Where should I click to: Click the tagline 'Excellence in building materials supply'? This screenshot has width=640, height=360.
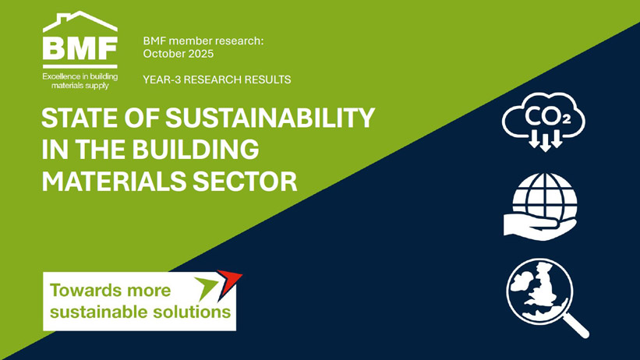(80, 80)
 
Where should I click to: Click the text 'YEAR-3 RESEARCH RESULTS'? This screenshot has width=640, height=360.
(217, 79)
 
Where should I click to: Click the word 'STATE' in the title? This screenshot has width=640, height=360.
(76, 119)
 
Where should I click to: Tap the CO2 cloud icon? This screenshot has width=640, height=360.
(544, 121)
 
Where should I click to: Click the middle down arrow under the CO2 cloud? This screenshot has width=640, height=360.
(545, 143)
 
